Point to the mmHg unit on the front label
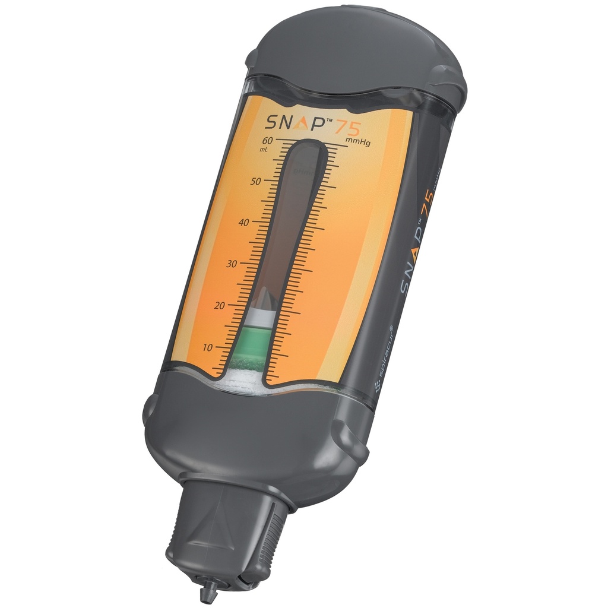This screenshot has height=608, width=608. click(357, 145)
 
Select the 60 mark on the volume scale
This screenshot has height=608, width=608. click(267, 141)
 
